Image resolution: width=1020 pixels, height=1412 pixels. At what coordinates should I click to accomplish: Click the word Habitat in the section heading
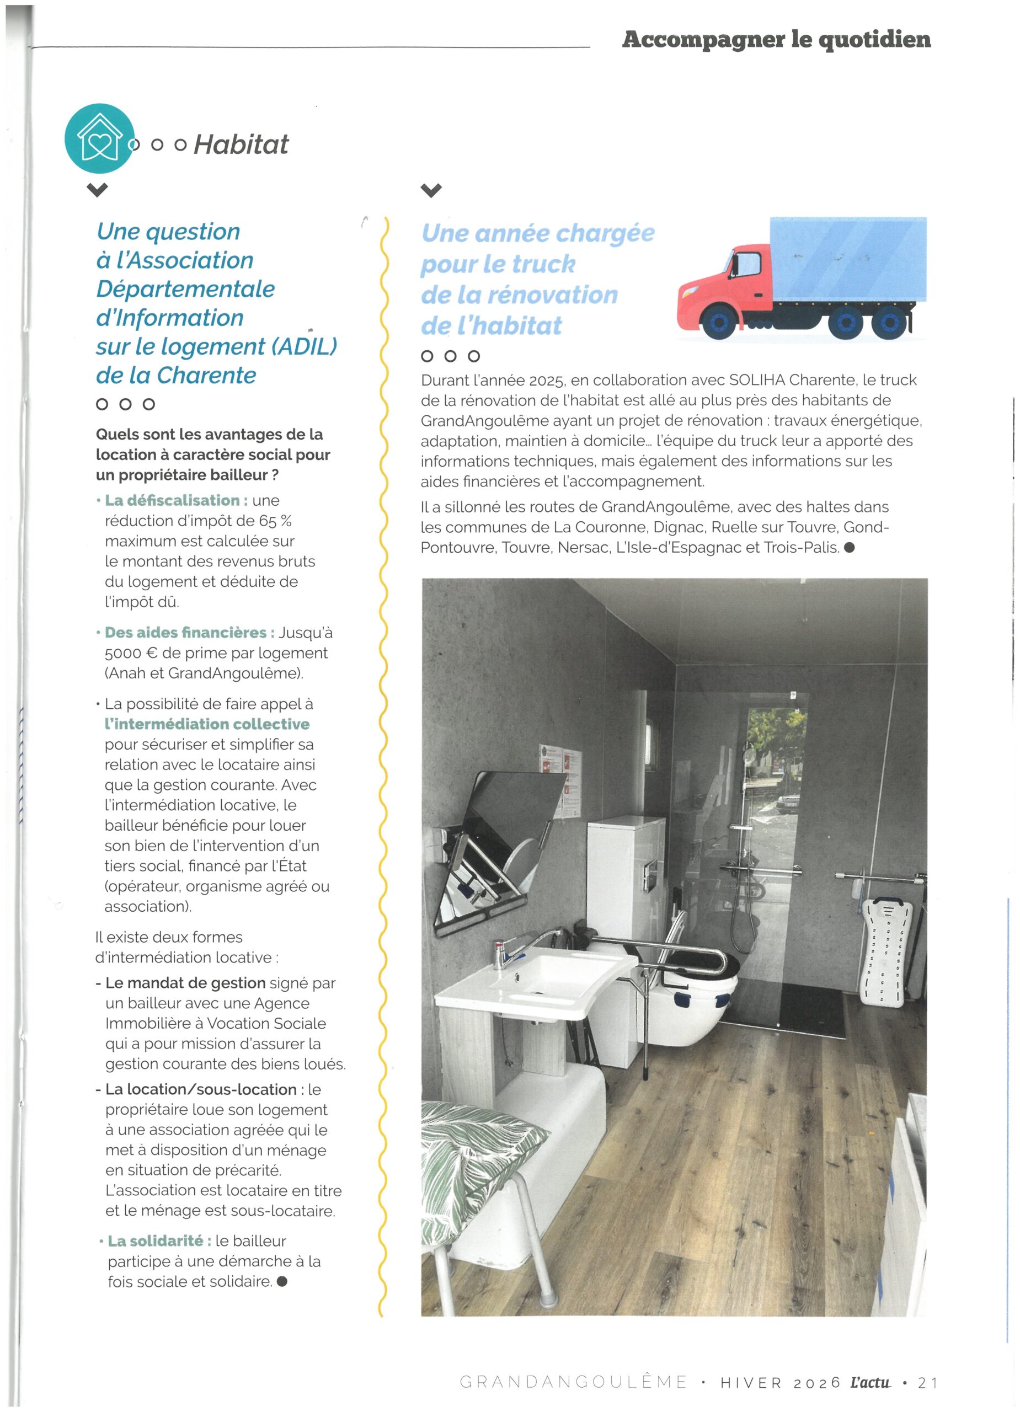pyautogui.click(x=241, y=145)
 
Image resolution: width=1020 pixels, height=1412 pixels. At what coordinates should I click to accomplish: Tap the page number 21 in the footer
pyautogui.click(x=928, y=1382)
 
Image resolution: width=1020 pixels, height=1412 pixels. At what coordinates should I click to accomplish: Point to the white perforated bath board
pyautogui.click(x=883, y=953)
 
